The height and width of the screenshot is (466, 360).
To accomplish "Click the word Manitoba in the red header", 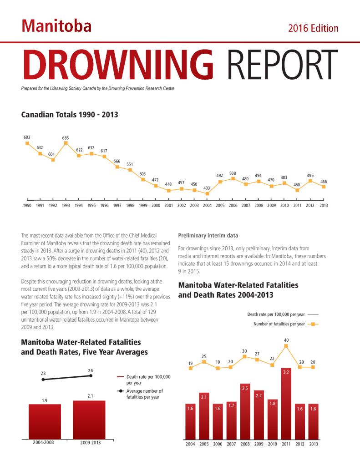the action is [56, 26].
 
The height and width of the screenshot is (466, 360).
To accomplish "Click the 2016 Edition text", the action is [313, 28].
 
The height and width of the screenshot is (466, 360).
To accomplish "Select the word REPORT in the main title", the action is [283, 65].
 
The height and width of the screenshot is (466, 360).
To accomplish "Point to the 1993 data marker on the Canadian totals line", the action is [66, 143].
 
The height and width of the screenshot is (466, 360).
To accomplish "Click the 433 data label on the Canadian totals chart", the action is [207, 188].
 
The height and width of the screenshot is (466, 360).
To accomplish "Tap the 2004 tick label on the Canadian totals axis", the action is [207, 205].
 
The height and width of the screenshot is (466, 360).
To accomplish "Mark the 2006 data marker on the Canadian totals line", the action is [233, 178].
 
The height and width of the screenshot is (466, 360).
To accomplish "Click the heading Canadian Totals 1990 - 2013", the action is [70, 115].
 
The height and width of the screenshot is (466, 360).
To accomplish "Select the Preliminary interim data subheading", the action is [208, 235].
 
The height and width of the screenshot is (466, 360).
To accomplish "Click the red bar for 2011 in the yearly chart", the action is [286, 404].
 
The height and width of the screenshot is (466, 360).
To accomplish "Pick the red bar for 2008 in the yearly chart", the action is [245, 411].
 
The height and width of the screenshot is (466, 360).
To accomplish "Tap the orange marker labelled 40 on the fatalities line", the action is [286, 346].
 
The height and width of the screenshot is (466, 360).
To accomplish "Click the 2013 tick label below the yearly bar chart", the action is [313, 444].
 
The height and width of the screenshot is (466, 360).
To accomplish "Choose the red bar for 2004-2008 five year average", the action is [45, 422].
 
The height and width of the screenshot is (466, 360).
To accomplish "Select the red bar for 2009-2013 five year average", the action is [89, 420].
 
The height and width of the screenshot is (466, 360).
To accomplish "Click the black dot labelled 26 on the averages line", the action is [91, 375].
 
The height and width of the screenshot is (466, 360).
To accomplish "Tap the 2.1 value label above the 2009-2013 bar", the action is [90, 396].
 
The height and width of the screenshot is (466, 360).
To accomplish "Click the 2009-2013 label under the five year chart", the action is [91, 443].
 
